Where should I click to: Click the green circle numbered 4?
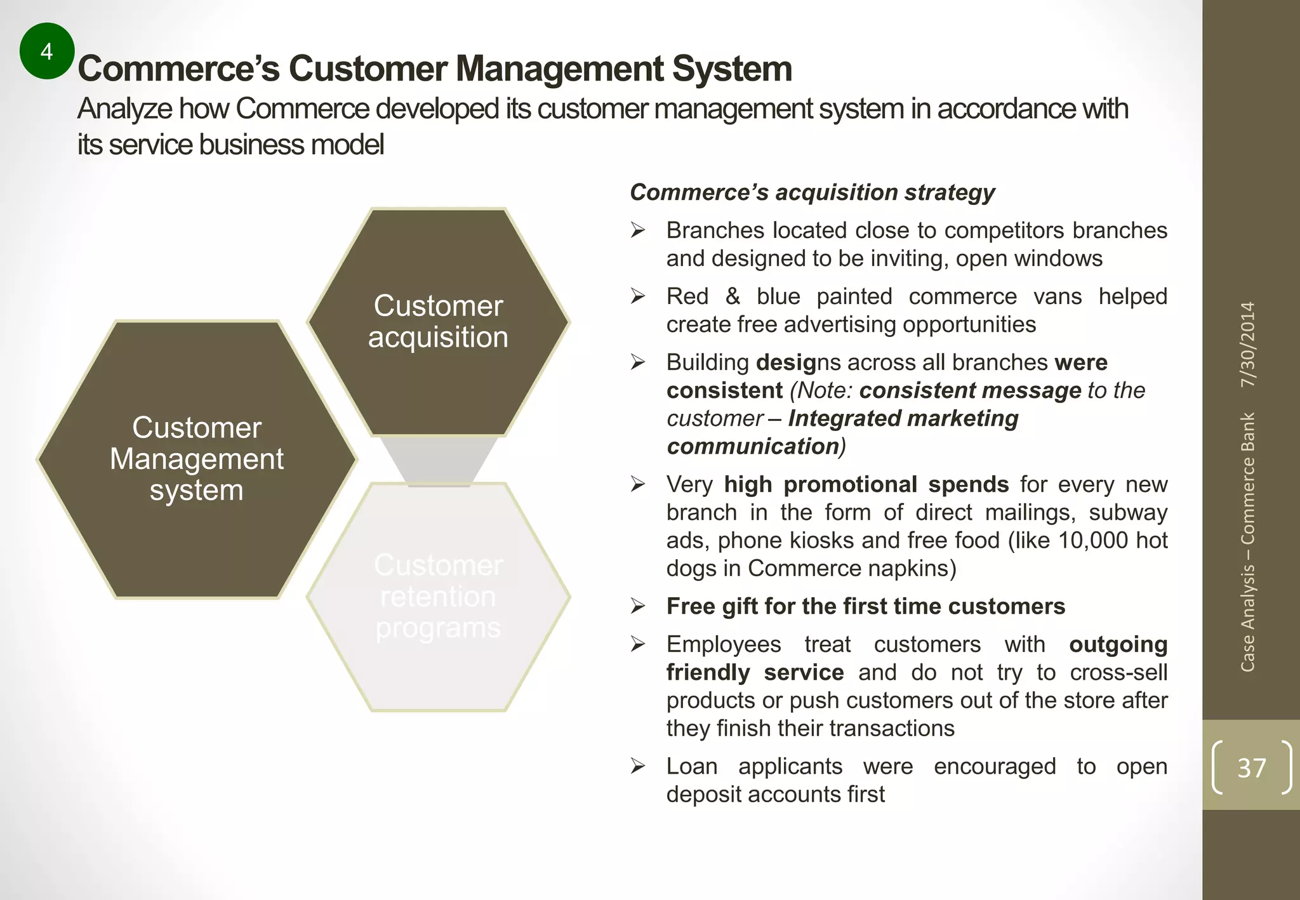click(x=47, y=51)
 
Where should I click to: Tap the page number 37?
click(x=1251, y=768)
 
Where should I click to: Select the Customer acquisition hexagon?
click(x=438, y=322)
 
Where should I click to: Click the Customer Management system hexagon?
click(x=197, y=459)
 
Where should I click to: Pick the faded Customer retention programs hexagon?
click(x=438, y=597)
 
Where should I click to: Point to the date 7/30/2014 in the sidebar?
click(x=1248, y=344)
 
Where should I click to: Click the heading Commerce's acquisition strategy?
click(x=812, y=192)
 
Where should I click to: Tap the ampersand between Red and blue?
click(x=733, y=296)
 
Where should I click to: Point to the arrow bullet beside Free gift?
click(x=638, y=606)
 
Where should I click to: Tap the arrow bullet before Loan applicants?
click(x=638, y=766)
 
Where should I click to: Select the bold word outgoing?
click(x=1118, y=644)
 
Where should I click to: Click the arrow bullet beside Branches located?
click(x=638, y=230)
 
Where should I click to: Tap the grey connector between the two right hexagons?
click(x=438, y=461)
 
